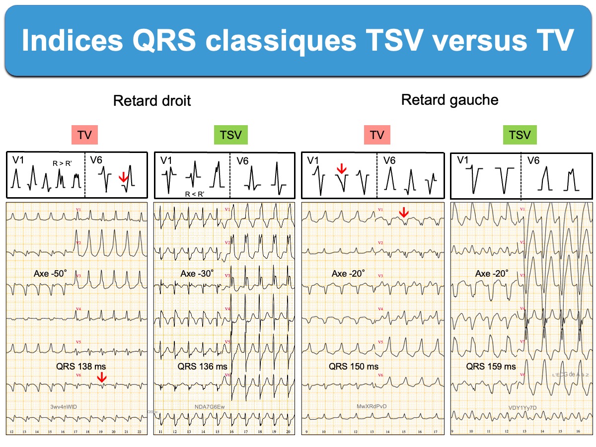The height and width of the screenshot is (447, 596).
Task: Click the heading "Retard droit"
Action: pyautogui.click(x=152, y=101)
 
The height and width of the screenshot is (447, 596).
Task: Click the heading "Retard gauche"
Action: pyautogui.click(x=449, y=100)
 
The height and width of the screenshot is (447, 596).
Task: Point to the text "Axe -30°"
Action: pyautogui.click(x=197, y=274)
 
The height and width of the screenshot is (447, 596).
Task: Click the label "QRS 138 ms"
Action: pyautogui.click(x=81, y=367)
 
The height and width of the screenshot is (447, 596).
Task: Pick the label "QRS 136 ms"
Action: pyautogui.click(x=202, y=367)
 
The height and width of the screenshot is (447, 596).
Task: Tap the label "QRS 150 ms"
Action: pyautogui.click(x=353, y=367)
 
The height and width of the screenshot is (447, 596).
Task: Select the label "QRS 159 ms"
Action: pyautogui.click(x=491, y=367)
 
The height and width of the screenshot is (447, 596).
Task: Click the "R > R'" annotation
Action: pyautogui.click(x=62, y=162)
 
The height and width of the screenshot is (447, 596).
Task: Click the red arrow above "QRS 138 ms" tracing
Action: pyautogui.click(x=102, y=378)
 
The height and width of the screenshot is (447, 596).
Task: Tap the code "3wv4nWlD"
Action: pyautogui.click(x=64, y=407)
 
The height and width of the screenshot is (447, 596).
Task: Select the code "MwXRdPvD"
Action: pyautogui.click(x=372, y=406)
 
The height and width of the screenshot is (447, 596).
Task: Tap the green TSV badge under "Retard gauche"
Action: pyautogui.click(x=520, y=135)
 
